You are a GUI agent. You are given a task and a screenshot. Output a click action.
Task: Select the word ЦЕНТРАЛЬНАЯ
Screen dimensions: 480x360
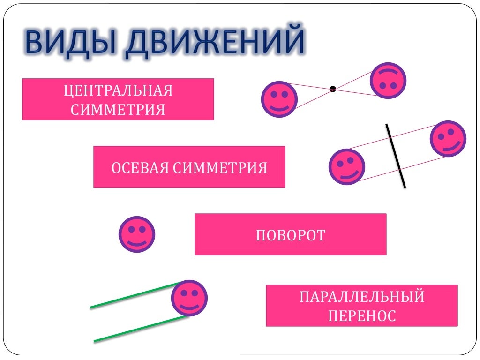118,90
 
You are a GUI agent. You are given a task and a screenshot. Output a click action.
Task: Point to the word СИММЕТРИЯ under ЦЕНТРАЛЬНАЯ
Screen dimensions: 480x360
118,110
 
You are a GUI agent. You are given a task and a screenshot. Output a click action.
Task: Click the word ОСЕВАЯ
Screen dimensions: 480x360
139,167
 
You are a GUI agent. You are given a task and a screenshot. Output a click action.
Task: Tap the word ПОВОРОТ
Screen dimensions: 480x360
290,235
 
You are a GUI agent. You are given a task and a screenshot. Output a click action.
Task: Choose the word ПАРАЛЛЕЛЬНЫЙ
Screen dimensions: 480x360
362,296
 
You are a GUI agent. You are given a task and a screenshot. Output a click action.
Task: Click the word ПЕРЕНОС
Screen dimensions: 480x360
362,316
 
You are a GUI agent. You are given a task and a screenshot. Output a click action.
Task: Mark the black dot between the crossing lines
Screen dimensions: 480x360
333,89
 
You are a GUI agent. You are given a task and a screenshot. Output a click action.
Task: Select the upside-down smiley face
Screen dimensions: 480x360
388,81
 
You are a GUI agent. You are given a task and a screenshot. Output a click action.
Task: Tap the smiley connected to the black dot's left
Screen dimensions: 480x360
279,99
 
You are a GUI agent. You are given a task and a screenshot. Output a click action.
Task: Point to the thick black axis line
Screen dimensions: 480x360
396,156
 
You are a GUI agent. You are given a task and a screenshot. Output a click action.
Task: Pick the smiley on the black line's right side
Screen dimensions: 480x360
448,139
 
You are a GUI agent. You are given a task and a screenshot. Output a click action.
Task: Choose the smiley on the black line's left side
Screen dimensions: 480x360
347,166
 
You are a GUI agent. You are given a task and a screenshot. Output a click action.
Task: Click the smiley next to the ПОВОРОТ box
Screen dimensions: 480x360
136,234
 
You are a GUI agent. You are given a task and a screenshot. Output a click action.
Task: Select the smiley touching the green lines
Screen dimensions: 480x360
189,298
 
